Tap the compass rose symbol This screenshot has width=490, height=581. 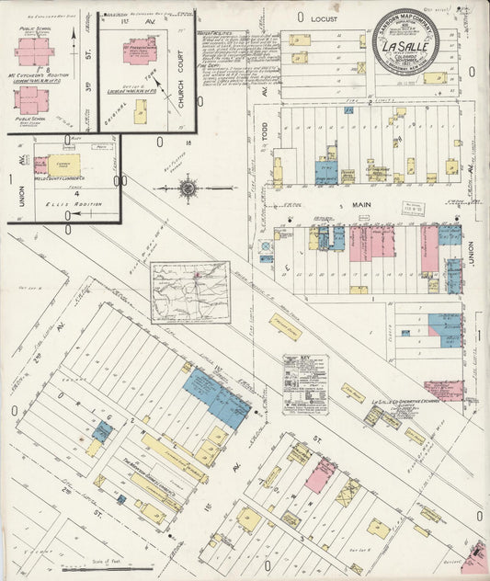188,188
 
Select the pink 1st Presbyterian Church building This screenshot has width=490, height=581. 142,50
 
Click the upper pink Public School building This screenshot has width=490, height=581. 34,52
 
